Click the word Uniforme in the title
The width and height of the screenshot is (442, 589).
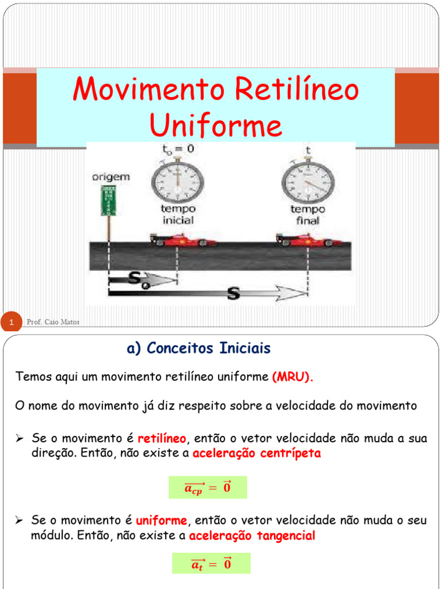coord(216,125)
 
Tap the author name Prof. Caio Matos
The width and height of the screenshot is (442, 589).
coord(53,322)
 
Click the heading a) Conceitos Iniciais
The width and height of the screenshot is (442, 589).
coord(198,348)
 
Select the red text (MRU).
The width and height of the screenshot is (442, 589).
coord(293,377)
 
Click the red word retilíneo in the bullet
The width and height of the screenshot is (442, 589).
coord(162,439)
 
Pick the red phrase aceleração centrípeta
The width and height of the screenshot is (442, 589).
coord(257,453)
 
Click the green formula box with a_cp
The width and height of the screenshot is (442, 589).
coord(207,487)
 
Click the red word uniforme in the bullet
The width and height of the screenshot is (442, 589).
coord(161,521)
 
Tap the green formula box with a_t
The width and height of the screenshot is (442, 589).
coord(211,564)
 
